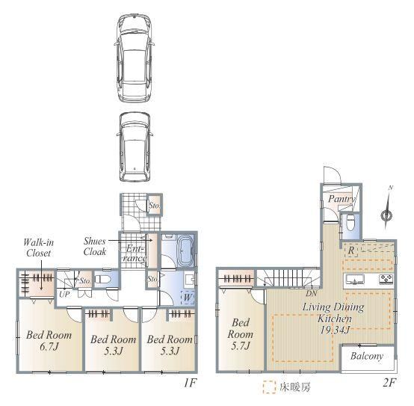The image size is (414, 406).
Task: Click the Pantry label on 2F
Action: click(x=342, y=199)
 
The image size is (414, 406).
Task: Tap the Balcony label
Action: click(x=367, y=357)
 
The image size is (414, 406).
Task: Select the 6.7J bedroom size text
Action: click(x=49, y=346)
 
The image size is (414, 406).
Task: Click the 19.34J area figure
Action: click(x=335, y=330)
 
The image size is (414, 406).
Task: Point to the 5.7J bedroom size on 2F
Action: click(x=241, y=345)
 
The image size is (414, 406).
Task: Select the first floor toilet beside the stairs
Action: click(x=101, y=279)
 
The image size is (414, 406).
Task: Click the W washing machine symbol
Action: click(x=188, y=297)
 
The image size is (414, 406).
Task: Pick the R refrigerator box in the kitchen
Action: click(x=351, y=250)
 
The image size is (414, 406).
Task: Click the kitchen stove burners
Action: click(x=386, y=279)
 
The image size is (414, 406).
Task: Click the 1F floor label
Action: click(x=190, y=383)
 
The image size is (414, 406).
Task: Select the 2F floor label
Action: click(x=389, y=383)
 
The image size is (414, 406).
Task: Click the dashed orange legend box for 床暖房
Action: click(x=269, y=387)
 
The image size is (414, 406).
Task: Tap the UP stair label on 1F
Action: click(x=65, y=294)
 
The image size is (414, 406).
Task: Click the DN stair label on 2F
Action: click(x=312, y=293)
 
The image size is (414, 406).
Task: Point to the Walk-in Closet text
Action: click(x=39, y=247)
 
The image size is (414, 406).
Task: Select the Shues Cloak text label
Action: click(x=95, y=246)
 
